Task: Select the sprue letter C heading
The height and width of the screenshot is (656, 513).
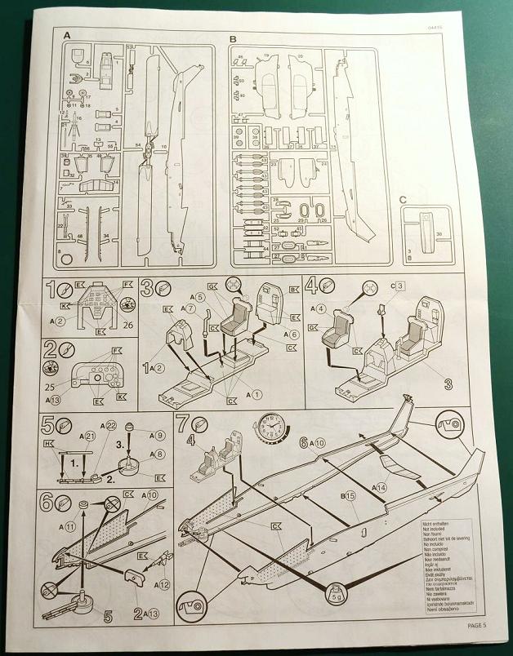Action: [404, 199]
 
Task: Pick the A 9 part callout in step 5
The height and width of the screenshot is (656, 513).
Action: [158, 435]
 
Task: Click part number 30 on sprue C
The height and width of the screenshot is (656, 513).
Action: [439, 234]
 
